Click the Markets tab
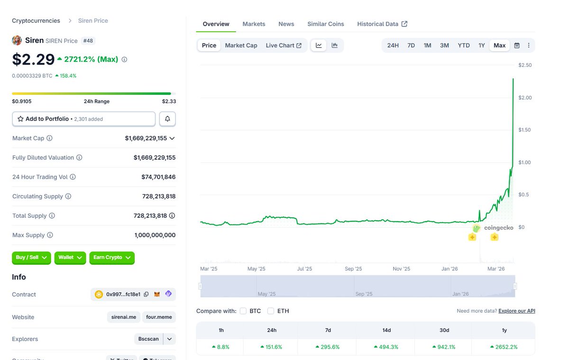(254, 24)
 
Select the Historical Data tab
(382, 24)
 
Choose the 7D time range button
(411, 46)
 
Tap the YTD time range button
(463, 46)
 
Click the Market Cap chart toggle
(241, 46)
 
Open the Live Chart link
(283, 46)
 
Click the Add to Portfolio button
(83, 119)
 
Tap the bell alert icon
(167, 119)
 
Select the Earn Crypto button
(112, 258)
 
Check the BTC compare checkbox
(243, 311)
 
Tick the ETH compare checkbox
(271, 311)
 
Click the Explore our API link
(517, 311)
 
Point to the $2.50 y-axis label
(525, 65)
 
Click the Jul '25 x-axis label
(304, 269)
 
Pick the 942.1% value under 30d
(444, 347)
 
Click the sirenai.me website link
(123, 317)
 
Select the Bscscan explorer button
(148, 339)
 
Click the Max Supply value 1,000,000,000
(155, 235)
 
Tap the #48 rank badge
(88, 41)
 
